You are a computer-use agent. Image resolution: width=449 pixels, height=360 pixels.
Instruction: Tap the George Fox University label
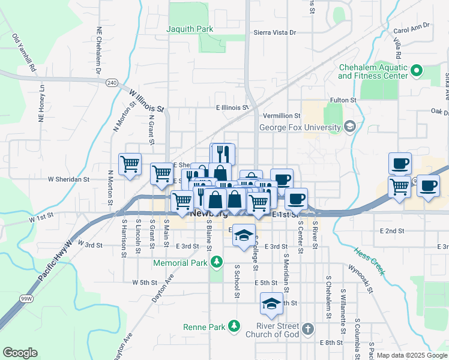pyautogui.click(x=300, y=127)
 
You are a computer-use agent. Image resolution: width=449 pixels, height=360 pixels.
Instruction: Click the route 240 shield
pyautogui.click(x=111, y=82)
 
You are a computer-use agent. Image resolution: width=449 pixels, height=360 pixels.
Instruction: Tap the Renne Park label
pyautogui.click(x=203, y=327)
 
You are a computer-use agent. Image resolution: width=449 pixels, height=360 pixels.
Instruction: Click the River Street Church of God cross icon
pyautogui.click(x=307, y=329)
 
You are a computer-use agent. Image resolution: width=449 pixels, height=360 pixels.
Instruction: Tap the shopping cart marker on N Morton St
pyautogui.click(x=130, y=164)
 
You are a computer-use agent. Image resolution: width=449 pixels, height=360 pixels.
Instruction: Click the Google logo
pyautogui.click(x=20, y=353)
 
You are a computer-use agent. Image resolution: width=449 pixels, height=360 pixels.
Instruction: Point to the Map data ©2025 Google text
pyautogui.click(x=412, y=356)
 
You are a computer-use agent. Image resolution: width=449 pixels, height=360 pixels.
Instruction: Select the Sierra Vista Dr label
pyautogui.click(x=275, y=32)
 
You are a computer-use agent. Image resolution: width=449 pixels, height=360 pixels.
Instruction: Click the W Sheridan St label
pyautogui.click(x=68, y=179)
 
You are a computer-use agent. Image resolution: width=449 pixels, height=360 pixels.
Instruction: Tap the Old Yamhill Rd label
pyautogui.click(x=24, y=53)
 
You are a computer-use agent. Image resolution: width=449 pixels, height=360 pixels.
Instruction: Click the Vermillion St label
pyautogui.click(x=280, y=115)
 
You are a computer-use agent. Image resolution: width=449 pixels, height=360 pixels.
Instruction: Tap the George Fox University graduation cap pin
pyautogui.click(x=350, y=127)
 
